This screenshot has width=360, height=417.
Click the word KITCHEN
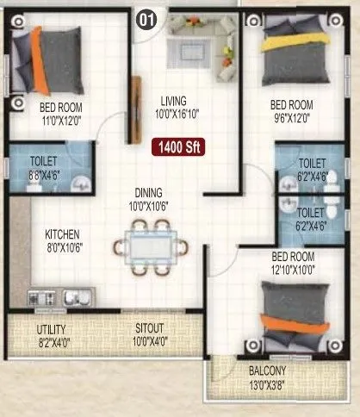click(63, 233)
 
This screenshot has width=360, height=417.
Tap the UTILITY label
click(52, 329)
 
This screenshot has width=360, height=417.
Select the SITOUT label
click(151, 329)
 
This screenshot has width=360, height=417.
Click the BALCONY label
click(267, 372)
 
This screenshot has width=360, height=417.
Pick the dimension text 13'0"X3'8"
click(267, 385)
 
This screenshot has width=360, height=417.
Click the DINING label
click(148, 193)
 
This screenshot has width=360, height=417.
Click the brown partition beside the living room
click(134, 108)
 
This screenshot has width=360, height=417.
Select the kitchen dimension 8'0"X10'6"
click(63, 246)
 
